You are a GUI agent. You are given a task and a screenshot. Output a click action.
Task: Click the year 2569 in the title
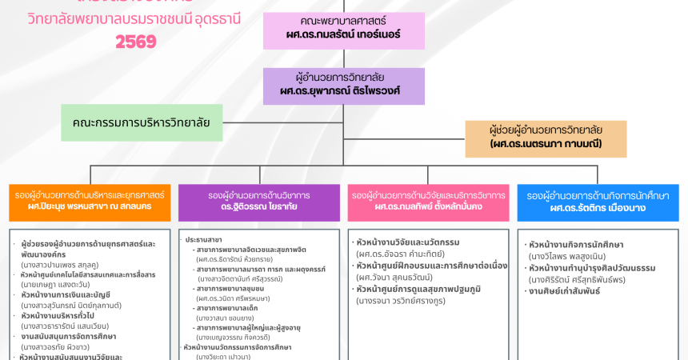coord(136,42)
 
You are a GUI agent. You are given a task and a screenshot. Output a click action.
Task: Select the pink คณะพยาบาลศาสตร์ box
coord(344,29)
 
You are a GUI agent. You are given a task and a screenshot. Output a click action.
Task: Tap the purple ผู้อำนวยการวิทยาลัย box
coord(344,85)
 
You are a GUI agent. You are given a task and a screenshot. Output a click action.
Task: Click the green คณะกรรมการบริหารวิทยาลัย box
coord(142,122)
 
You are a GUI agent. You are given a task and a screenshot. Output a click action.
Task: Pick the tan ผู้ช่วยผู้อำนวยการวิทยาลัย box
coord(546,138)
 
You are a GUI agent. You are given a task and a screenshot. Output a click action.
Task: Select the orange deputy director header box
coord(90,202)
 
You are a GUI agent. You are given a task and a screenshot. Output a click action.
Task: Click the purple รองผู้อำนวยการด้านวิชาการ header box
coord(259,202)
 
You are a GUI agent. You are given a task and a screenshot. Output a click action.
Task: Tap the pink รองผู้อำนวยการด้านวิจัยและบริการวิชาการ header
coord(428,202)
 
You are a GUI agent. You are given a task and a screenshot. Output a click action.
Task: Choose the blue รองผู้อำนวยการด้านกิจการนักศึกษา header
coord(598,202)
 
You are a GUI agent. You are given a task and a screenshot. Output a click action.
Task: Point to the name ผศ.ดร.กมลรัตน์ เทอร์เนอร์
coord(344,35)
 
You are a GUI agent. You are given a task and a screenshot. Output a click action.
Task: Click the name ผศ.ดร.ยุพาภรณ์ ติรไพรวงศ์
coord(344,91)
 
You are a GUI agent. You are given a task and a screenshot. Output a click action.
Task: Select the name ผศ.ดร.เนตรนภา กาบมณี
coord(546,144)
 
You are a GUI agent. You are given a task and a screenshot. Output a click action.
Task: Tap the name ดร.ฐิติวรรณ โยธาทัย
coord(259,207)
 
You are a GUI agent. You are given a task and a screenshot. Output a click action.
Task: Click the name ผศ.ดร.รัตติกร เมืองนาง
coord(598,208)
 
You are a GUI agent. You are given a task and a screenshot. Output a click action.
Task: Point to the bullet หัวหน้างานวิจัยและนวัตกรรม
coord(407,242)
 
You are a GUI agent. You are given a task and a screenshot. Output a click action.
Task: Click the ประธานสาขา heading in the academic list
coord(204,239)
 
